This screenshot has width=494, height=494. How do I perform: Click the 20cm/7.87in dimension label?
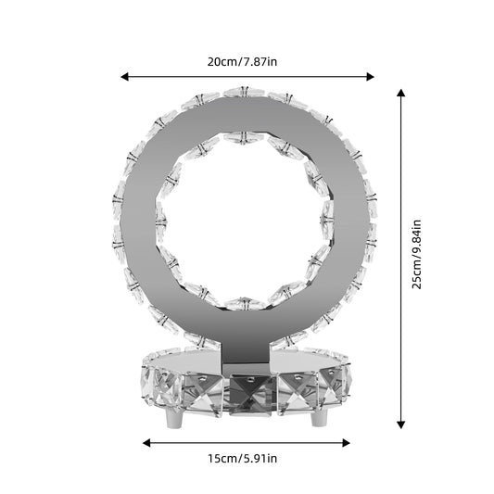[x=242, y=62]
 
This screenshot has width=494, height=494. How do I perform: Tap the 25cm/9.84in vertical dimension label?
[x=416, y=254]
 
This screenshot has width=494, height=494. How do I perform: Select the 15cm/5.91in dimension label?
[x=242, y=459]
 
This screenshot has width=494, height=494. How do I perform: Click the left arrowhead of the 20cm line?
[x=125, y=77]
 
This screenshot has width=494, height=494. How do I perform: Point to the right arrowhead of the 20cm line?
[x=370, y=77]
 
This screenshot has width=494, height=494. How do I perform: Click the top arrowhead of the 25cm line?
[x=400, y=93]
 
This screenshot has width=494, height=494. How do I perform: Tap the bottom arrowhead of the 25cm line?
[x=400, y=425]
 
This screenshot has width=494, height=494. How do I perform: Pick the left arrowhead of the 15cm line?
[x=146, y=443]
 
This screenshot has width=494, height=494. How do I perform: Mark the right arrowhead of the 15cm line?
[x=346, y=443]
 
